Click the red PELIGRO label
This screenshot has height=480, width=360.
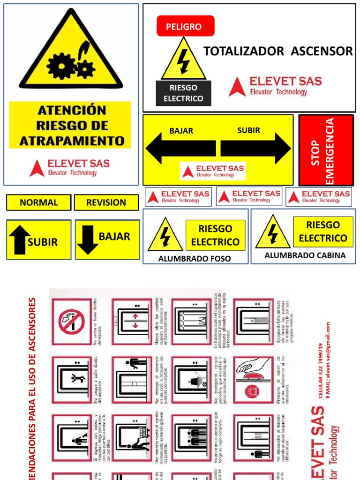(x=186, y=26)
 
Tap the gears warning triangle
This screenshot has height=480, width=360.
(x=71, y=54)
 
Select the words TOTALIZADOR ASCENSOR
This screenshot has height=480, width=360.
(x=278, y=51)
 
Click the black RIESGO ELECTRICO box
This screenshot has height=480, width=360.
(x=183, y=93)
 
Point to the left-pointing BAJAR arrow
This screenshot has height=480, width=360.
(x=180, y=149)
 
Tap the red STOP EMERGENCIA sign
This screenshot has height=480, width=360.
(x=326, y=150)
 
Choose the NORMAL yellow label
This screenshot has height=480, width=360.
(x=39, y=202)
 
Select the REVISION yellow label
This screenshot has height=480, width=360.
(x=106, y=202)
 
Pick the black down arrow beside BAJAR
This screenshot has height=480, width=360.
(x=88, y=240)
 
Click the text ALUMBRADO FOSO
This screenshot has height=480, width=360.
(x=195, y=258)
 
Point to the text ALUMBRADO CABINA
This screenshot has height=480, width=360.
(x=305, y=255)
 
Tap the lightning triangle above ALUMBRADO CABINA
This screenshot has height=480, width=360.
(x=273, y=232)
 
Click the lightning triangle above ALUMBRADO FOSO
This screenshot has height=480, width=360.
(x=165, y=235)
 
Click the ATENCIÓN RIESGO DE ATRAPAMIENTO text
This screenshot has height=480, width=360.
(x=71, y=125)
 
